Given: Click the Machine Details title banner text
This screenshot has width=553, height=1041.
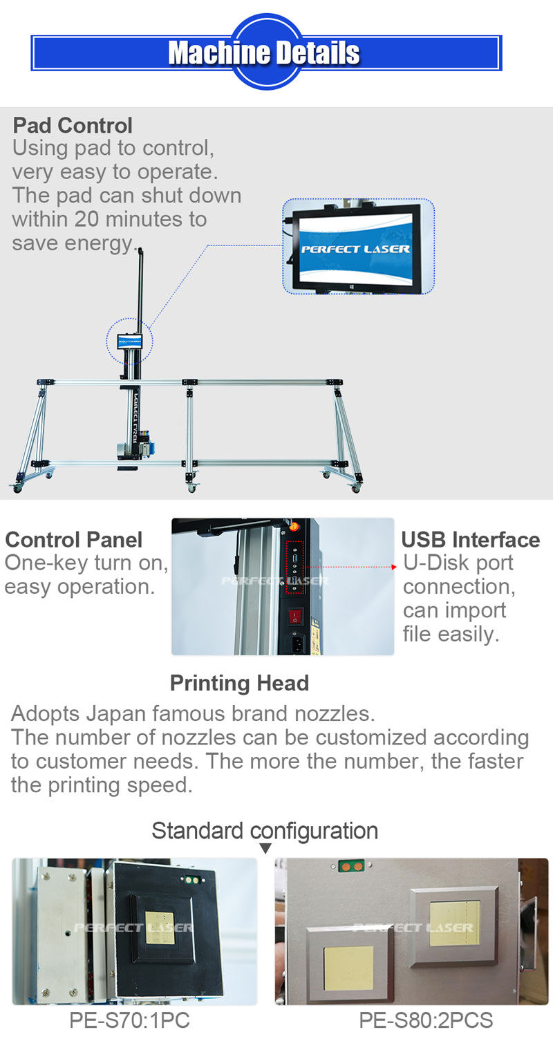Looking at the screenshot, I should coord(264,53).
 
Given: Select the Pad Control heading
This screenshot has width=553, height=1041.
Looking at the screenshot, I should coord(73,126).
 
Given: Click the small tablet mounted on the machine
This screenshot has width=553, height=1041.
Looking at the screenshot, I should coord(129,341).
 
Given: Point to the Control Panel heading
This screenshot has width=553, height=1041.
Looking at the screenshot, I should coord(73,540).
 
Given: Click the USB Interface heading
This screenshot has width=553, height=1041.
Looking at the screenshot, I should coord(470,540).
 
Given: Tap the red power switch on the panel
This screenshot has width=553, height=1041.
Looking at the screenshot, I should coord(296,614).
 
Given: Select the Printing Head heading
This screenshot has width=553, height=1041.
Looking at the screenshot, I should coord(239,684).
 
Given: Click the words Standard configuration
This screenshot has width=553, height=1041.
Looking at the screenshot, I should coord(265,830).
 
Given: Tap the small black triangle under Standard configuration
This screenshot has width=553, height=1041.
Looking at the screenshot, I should coord(265,849).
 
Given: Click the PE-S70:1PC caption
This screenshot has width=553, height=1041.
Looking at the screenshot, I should coord(129,1020).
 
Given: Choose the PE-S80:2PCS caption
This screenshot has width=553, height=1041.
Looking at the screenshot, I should coord(426,1020).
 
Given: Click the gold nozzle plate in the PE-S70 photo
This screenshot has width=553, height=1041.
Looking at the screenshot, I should coord(161,925).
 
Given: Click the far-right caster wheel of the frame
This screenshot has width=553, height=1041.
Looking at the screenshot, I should coord(356,487).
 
